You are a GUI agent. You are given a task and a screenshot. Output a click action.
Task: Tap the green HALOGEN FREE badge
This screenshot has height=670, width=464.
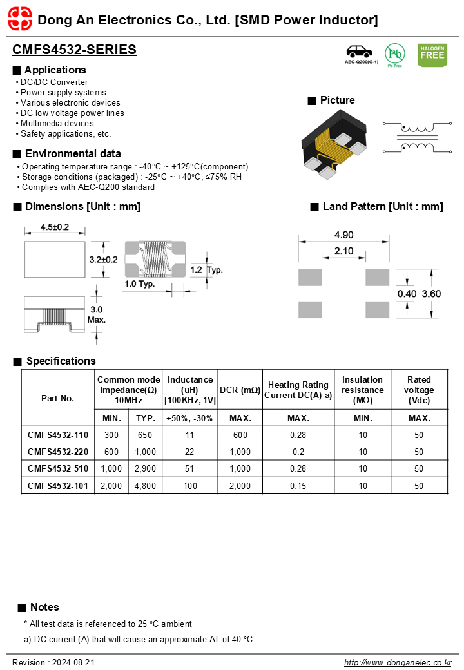(x=432, y=55)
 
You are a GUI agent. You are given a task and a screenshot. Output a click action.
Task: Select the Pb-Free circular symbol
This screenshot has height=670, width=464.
(x=394, y=54)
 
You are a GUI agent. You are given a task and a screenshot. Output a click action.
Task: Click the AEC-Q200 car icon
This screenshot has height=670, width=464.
(x=361, y=52)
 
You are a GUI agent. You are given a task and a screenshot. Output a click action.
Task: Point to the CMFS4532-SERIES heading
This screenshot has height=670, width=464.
(x=74, y=50)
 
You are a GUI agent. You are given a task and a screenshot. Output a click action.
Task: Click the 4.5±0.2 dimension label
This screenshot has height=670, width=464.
(x=55, y=227)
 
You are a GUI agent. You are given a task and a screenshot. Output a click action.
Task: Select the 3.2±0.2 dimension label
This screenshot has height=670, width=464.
(x=103, y=259)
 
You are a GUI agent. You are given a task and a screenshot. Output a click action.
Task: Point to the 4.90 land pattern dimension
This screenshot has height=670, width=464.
(x=343, y=235)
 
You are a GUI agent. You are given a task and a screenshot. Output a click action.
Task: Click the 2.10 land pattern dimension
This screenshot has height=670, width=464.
(x=343, y=251)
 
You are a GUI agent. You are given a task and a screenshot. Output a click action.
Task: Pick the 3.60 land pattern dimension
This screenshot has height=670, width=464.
(x=431, y=294)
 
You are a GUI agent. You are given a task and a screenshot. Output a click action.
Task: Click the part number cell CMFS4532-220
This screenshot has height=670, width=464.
(x=58, y=452)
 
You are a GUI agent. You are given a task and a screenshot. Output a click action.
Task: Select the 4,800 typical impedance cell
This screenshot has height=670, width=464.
(x=145, y=486)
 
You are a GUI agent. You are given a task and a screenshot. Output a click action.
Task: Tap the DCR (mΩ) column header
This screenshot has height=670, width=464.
(x=240, y=390)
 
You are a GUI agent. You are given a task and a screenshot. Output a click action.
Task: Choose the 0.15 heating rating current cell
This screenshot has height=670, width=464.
(x=298, y=486)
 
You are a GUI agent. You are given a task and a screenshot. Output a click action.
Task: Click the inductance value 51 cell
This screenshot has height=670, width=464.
(x=189, y=469)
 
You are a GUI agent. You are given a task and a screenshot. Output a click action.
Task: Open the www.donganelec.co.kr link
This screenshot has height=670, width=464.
(x=398, y=662)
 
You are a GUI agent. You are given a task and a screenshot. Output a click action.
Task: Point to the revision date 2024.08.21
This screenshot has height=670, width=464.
(x=72, y=662)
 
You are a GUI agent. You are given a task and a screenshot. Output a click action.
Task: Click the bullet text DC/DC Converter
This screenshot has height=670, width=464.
(x=54, y=82)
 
